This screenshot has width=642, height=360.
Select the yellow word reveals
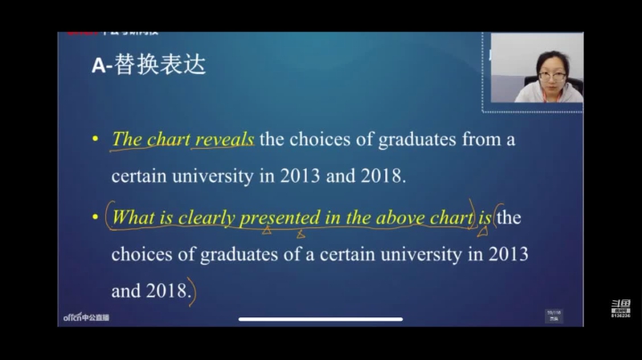225,139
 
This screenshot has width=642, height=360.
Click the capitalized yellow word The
127,139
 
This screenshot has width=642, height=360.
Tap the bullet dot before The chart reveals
95,140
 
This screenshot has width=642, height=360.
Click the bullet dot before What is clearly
95,217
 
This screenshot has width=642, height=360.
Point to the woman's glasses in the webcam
552,77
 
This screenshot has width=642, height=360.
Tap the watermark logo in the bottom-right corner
621,308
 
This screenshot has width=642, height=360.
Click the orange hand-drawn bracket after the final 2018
192,293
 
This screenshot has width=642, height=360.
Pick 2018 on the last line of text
167,290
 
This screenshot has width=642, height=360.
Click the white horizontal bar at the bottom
320,319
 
